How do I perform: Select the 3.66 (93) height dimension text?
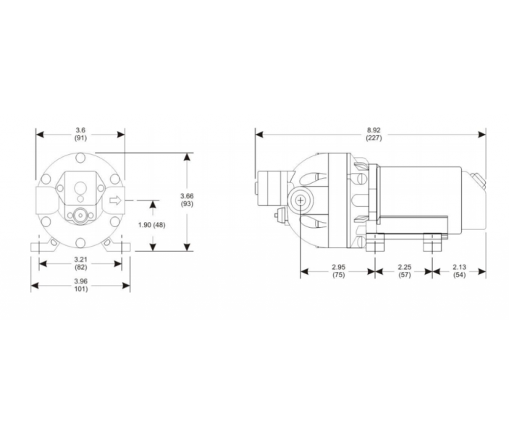coord(187,200)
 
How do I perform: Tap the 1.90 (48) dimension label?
coord(152,224)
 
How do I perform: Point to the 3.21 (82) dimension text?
coord(80,263)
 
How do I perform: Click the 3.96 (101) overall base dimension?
coord(80,285)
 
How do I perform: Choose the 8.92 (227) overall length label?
coord(374,134)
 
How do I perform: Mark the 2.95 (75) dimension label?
coord(338,271)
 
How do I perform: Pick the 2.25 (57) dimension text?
coord(404,271)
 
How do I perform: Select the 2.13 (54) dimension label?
coord(459,271)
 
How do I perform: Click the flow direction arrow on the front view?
coord(114,200)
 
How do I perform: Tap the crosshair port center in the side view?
coord(300,202)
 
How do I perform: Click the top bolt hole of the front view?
coord(80,158)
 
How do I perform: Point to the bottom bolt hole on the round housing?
coord(80,240)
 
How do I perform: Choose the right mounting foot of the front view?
coord(120,247)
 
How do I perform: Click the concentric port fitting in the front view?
coord(80,215)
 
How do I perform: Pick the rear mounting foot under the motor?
coord(432,244)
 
